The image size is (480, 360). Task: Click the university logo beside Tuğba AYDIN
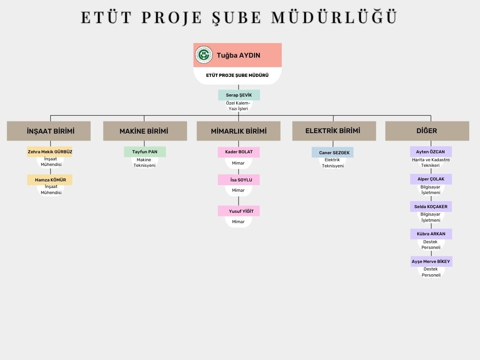click(204, 55)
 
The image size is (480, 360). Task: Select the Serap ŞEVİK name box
click(239, 95)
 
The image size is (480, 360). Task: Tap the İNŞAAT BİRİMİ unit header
click(49, 131)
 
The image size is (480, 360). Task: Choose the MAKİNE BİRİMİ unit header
click(145, 131)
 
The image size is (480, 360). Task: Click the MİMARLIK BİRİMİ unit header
click(239, 131)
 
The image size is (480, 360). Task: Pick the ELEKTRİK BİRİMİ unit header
click(334, 131)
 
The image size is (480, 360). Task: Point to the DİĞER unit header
click(427, 131)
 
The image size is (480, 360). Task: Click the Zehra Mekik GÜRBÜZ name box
click(50, 152)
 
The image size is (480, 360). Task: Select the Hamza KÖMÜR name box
click(50, 180)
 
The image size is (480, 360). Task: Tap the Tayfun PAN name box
click(145, 152)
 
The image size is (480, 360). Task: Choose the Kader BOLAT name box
click(239, 152)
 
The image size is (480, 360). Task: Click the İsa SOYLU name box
click(239, 180)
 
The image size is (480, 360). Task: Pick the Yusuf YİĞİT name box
click(239, 211)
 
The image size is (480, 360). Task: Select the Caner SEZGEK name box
click(332, 152)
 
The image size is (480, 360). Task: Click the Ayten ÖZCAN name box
click(431, 152)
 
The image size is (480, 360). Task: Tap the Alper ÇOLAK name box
click(431, 179)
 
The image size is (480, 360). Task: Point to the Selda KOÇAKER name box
click(431, 207)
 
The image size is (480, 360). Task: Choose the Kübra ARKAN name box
click(431, 234)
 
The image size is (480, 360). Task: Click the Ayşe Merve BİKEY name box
click(431, 262)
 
